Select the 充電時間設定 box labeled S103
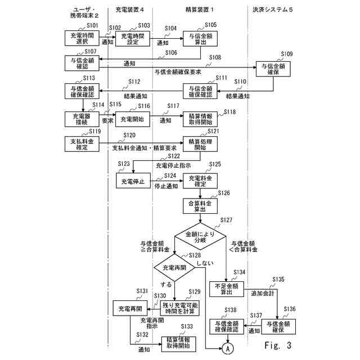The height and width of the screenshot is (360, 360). tap(133, 38)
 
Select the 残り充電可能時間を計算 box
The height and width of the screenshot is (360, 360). tap(179, 307)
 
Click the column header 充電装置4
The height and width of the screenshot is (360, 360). tap(133, 10)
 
